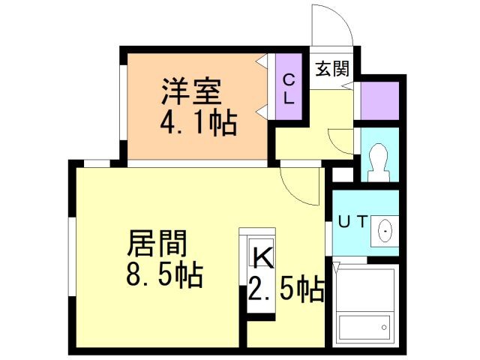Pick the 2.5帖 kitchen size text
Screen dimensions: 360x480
pos(286,287)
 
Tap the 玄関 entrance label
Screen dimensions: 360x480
pos(331,69)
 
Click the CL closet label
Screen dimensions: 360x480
pos(289,87)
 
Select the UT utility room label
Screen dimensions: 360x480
pos(352,221)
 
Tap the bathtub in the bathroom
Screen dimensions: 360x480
pos(364,328)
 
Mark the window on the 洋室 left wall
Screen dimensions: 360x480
pos(124,105)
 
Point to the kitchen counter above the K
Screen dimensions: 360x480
pos(257,235)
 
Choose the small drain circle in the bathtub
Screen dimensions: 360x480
pos(385,326)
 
